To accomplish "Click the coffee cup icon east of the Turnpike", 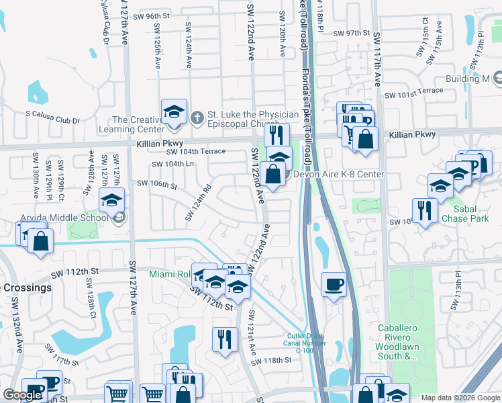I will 334,284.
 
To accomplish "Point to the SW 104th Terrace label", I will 197,152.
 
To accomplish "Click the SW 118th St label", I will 272,361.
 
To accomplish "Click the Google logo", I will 22,395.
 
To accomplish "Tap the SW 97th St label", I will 352,33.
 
